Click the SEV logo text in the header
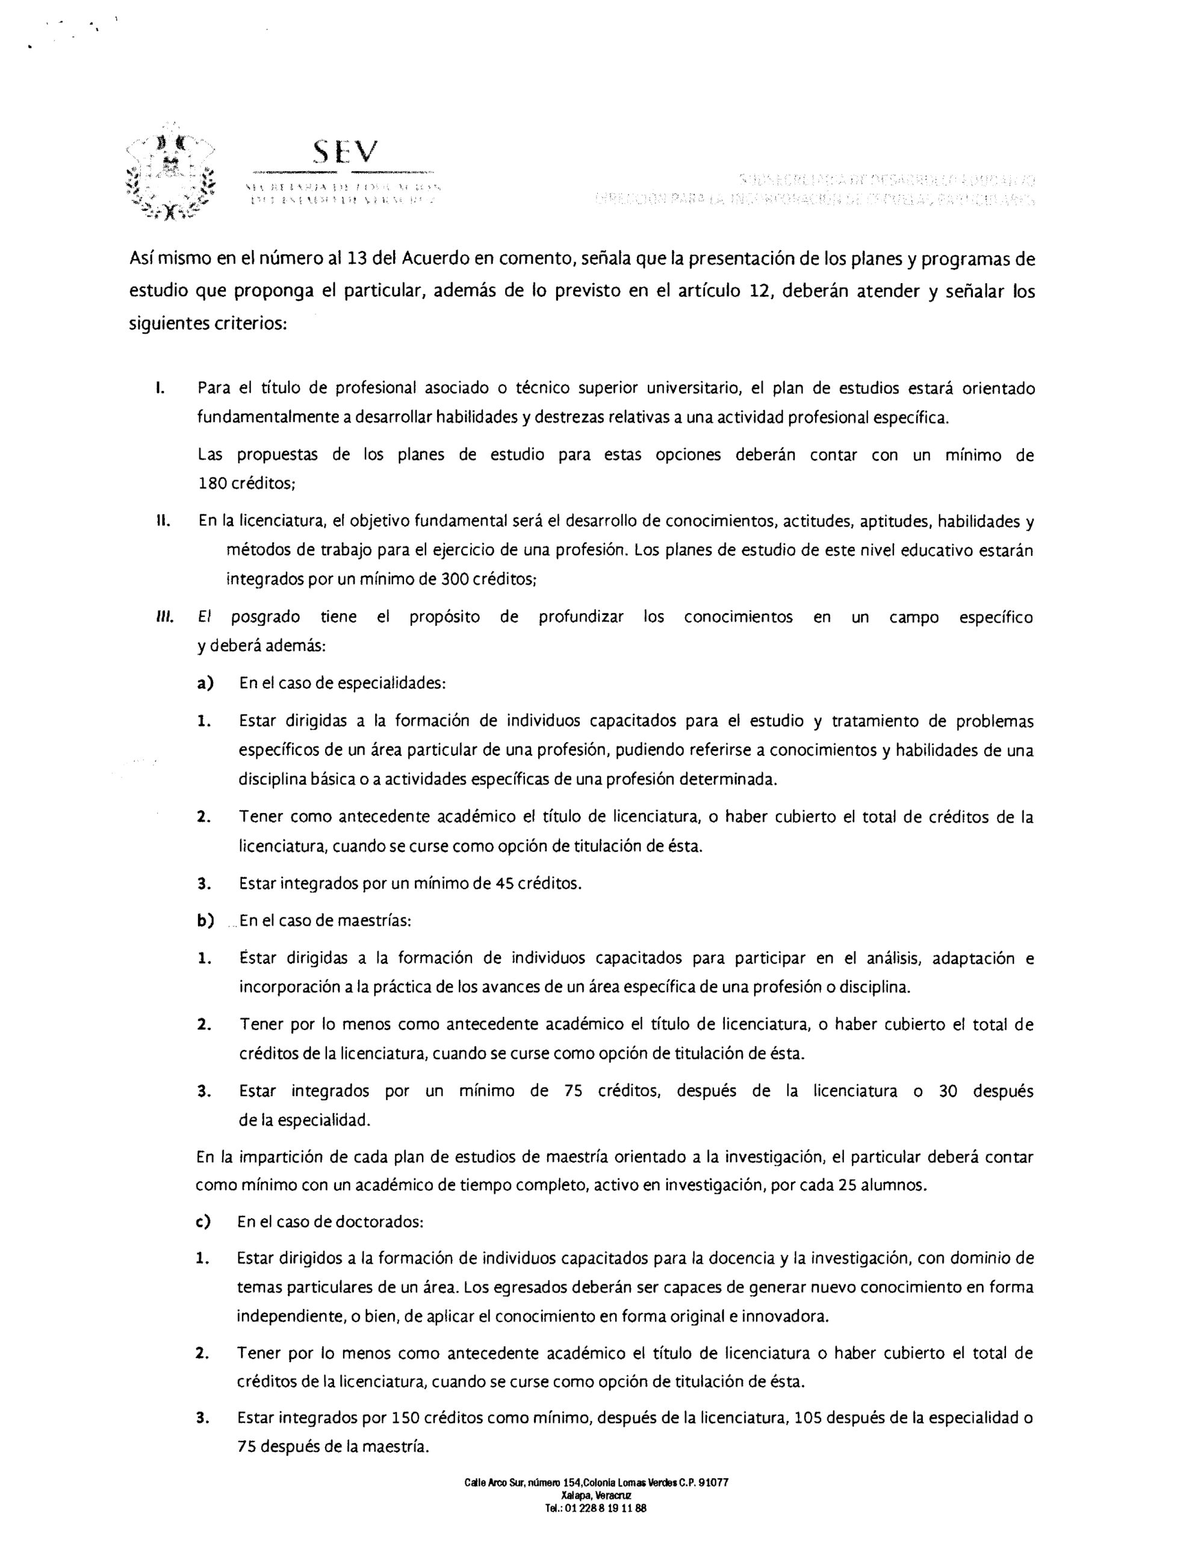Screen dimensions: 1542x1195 346,151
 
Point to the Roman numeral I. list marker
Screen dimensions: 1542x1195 160,389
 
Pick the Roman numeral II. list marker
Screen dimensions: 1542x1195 161,522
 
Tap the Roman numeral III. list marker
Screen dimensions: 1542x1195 164,617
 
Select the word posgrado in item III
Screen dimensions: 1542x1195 265,617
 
